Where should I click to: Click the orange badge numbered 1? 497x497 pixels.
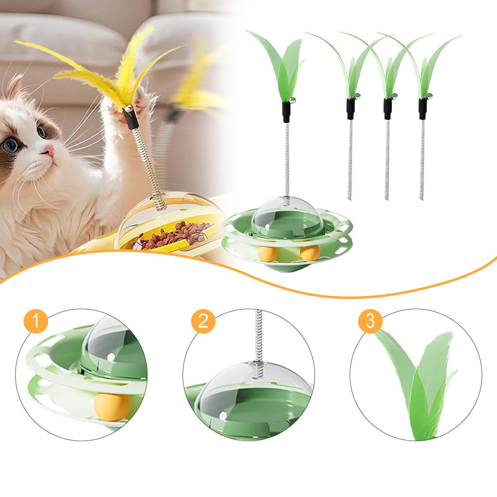coord(36,321)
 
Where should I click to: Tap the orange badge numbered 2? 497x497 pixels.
coord(203,321)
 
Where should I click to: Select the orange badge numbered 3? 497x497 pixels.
coord(370,321)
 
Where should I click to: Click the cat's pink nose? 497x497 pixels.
coord(49,150)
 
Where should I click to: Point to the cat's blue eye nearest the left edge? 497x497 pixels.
coord(10,145)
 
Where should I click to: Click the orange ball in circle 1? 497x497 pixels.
coord(112,407)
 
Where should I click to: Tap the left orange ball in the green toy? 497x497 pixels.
coord(268,253)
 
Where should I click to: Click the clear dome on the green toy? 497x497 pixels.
coord(287,215)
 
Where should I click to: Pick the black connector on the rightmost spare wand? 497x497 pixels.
coord(423,109)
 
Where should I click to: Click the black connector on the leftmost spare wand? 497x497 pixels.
coord(350,109)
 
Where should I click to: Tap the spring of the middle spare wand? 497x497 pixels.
coord(387,160)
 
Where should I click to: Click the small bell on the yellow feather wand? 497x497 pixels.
coord(129,110)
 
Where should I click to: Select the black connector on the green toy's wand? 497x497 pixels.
coord(286,112)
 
